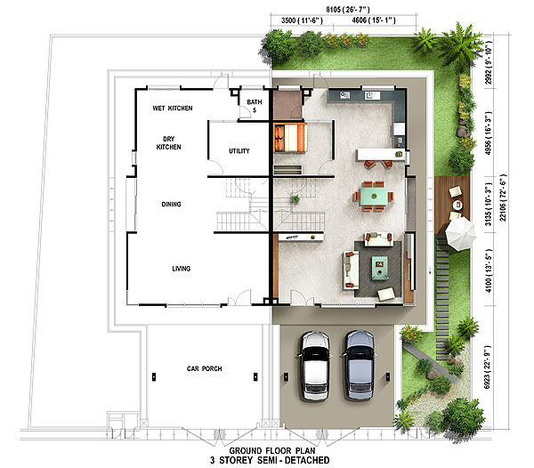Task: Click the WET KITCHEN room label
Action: pyautogui.click(x=173, y=109)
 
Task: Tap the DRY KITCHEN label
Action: pyautogui.click(x=168, y=143)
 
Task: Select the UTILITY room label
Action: pyautogui.click(x=239, y=150)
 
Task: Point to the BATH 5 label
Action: pyautogui.click(x=255, y=106)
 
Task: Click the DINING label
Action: pyautogui.click(x=171, y=205)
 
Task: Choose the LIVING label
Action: pyautogui.click(x=182, y=269)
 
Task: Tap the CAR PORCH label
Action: pyautogui.click(x=205, y=368)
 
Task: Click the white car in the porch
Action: pyautogui.click(x=315, y=366)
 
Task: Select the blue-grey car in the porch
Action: pyautogui.click(x=360, y=365)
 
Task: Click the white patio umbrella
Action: pyautogui.click(x=460, y=234)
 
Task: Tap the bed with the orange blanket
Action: pyautogui.click(x=290, y=138)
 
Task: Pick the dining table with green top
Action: pyautogui.click(x=374, y=197)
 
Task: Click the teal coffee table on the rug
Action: pyautogui.click(x=380, y=268)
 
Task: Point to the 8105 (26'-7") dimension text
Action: pyautogui.click(x=348, y=10)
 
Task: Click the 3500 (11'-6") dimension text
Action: pyautogui.click(x=302, y=20)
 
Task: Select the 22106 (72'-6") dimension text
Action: pyautogui.click(x=503, y=198)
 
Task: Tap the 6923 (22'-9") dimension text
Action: pyautogui.click(x=488, y=367)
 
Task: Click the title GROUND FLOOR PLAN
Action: pyautogui.click(x=272, y=450)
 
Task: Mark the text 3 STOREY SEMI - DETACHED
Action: pyautogui.click(x=270, y=461)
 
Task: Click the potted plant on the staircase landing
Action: pyautogui.click(x=295, y=198)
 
